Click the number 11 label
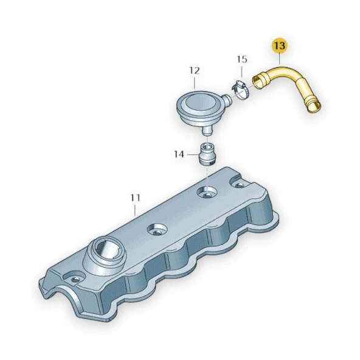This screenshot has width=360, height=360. pos(135,198)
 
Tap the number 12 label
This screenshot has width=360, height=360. pos(194,71)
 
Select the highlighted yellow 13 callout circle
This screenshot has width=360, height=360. pos(280,46)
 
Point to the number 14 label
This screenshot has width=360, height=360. pos(179,154)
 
